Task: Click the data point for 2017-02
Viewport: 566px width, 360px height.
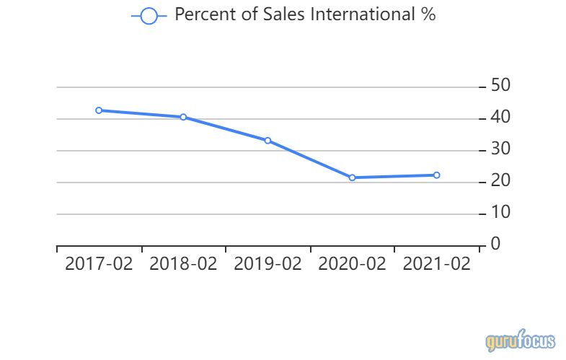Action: click(99, 110)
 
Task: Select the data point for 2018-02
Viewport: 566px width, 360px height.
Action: click(183, 117)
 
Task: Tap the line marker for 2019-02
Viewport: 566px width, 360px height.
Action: click(267, 141)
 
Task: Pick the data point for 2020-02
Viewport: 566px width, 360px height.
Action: click(352, 177)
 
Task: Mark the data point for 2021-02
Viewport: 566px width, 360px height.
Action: click(436, 175)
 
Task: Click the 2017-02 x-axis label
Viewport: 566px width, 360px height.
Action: click(99, 264)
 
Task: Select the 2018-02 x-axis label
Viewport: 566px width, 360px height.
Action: click(183, 264)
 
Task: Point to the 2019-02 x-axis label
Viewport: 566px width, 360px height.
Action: click(267, 264)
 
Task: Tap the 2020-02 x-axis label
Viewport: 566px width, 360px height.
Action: click(352, 264)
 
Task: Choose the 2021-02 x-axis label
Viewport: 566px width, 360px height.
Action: click(436, 264)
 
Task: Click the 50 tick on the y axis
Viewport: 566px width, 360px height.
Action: click(501, 86)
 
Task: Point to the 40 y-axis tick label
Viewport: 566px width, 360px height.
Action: click(501, 118)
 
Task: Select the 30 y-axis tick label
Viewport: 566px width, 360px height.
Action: click(501, 149)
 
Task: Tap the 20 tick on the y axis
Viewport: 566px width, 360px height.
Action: click(501, 181)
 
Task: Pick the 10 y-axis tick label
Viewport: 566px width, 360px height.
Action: click(501, 213)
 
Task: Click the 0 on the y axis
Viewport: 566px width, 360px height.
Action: click(495, 245)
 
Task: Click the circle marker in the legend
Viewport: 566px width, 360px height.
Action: click(149, 15)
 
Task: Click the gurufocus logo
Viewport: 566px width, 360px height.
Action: click(521, 341)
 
